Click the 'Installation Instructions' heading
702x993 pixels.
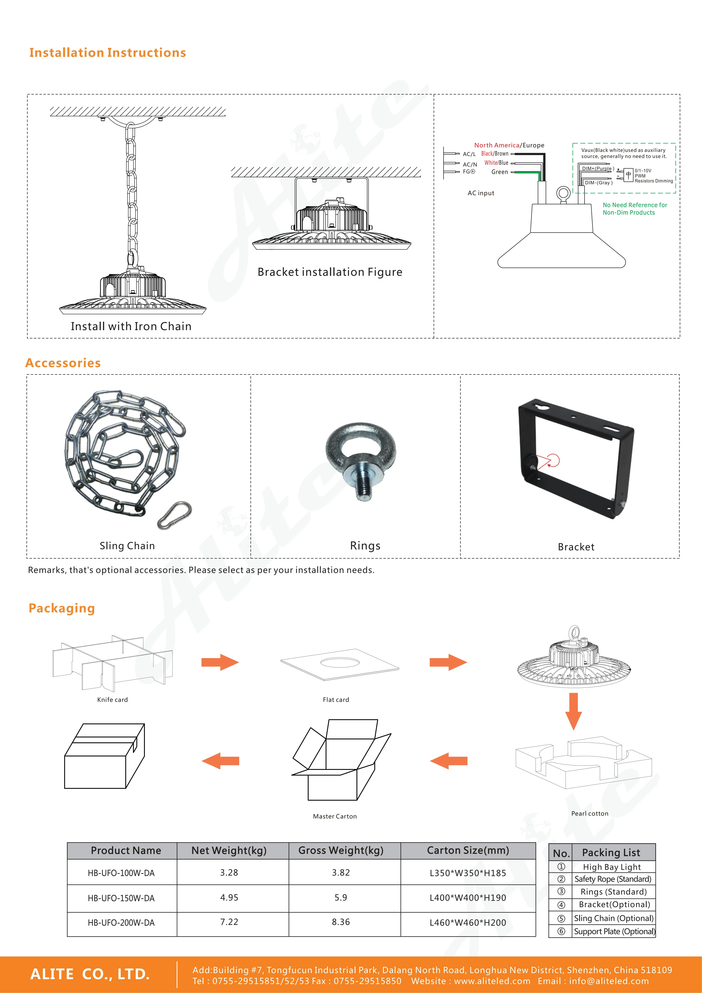coord(108,53)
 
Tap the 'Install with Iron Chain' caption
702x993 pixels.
coord(131,327)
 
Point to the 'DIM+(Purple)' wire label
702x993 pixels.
coord(597,169)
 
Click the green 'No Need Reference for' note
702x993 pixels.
coord(635,205)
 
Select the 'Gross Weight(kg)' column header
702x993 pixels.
coord(341,850)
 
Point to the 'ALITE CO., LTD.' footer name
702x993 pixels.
coord(90,974)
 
